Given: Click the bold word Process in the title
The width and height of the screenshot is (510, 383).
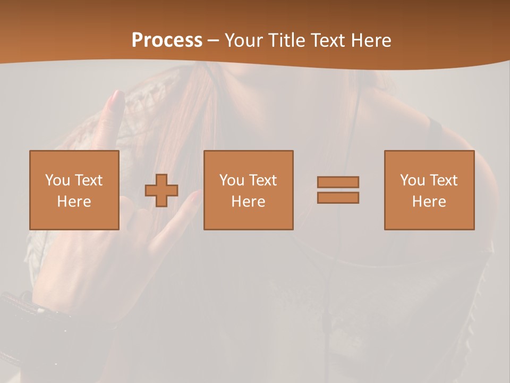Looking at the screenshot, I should (167, 40).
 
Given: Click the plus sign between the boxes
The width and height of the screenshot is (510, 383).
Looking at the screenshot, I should (161, 190).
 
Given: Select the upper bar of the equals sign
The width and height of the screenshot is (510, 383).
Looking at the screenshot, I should (338, 182).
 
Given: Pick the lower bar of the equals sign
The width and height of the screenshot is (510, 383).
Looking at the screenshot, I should (338, 197).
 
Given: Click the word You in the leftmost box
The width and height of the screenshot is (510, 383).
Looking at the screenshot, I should (58, 180).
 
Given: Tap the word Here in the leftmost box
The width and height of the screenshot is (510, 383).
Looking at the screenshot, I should (74, 202).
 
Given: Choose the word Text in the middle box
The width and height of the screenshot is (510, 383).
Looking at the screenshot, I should (262, 180).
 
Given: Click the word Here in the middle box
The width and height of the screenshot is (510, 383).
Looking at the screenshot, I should (248, 202).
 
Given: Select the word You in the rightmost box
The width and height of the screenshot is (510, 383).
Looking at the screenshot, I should (413, 180).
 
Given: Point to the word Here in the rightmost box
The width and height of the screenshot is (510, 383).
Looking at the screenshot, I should (429, 202).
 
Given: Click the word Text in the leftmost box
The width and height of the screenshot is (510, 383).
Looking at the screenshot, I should (88, 180).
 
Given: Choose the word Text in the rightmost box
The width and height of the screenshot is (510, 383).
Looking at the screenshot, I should (443, 180).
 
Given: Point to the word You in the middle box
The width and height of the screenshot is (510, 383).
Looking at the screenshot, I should (232, 180).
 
